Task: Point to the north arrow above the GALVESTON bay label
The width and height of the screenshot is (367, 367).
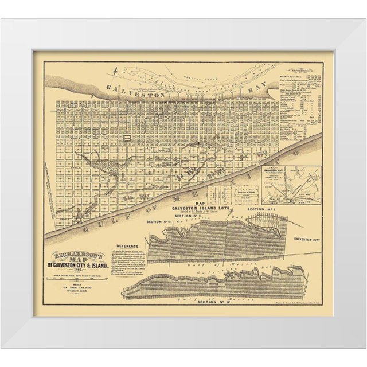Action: (116, 72)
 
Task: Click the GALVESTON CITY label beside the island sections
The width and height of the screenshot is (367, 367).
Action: (308, 237)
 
